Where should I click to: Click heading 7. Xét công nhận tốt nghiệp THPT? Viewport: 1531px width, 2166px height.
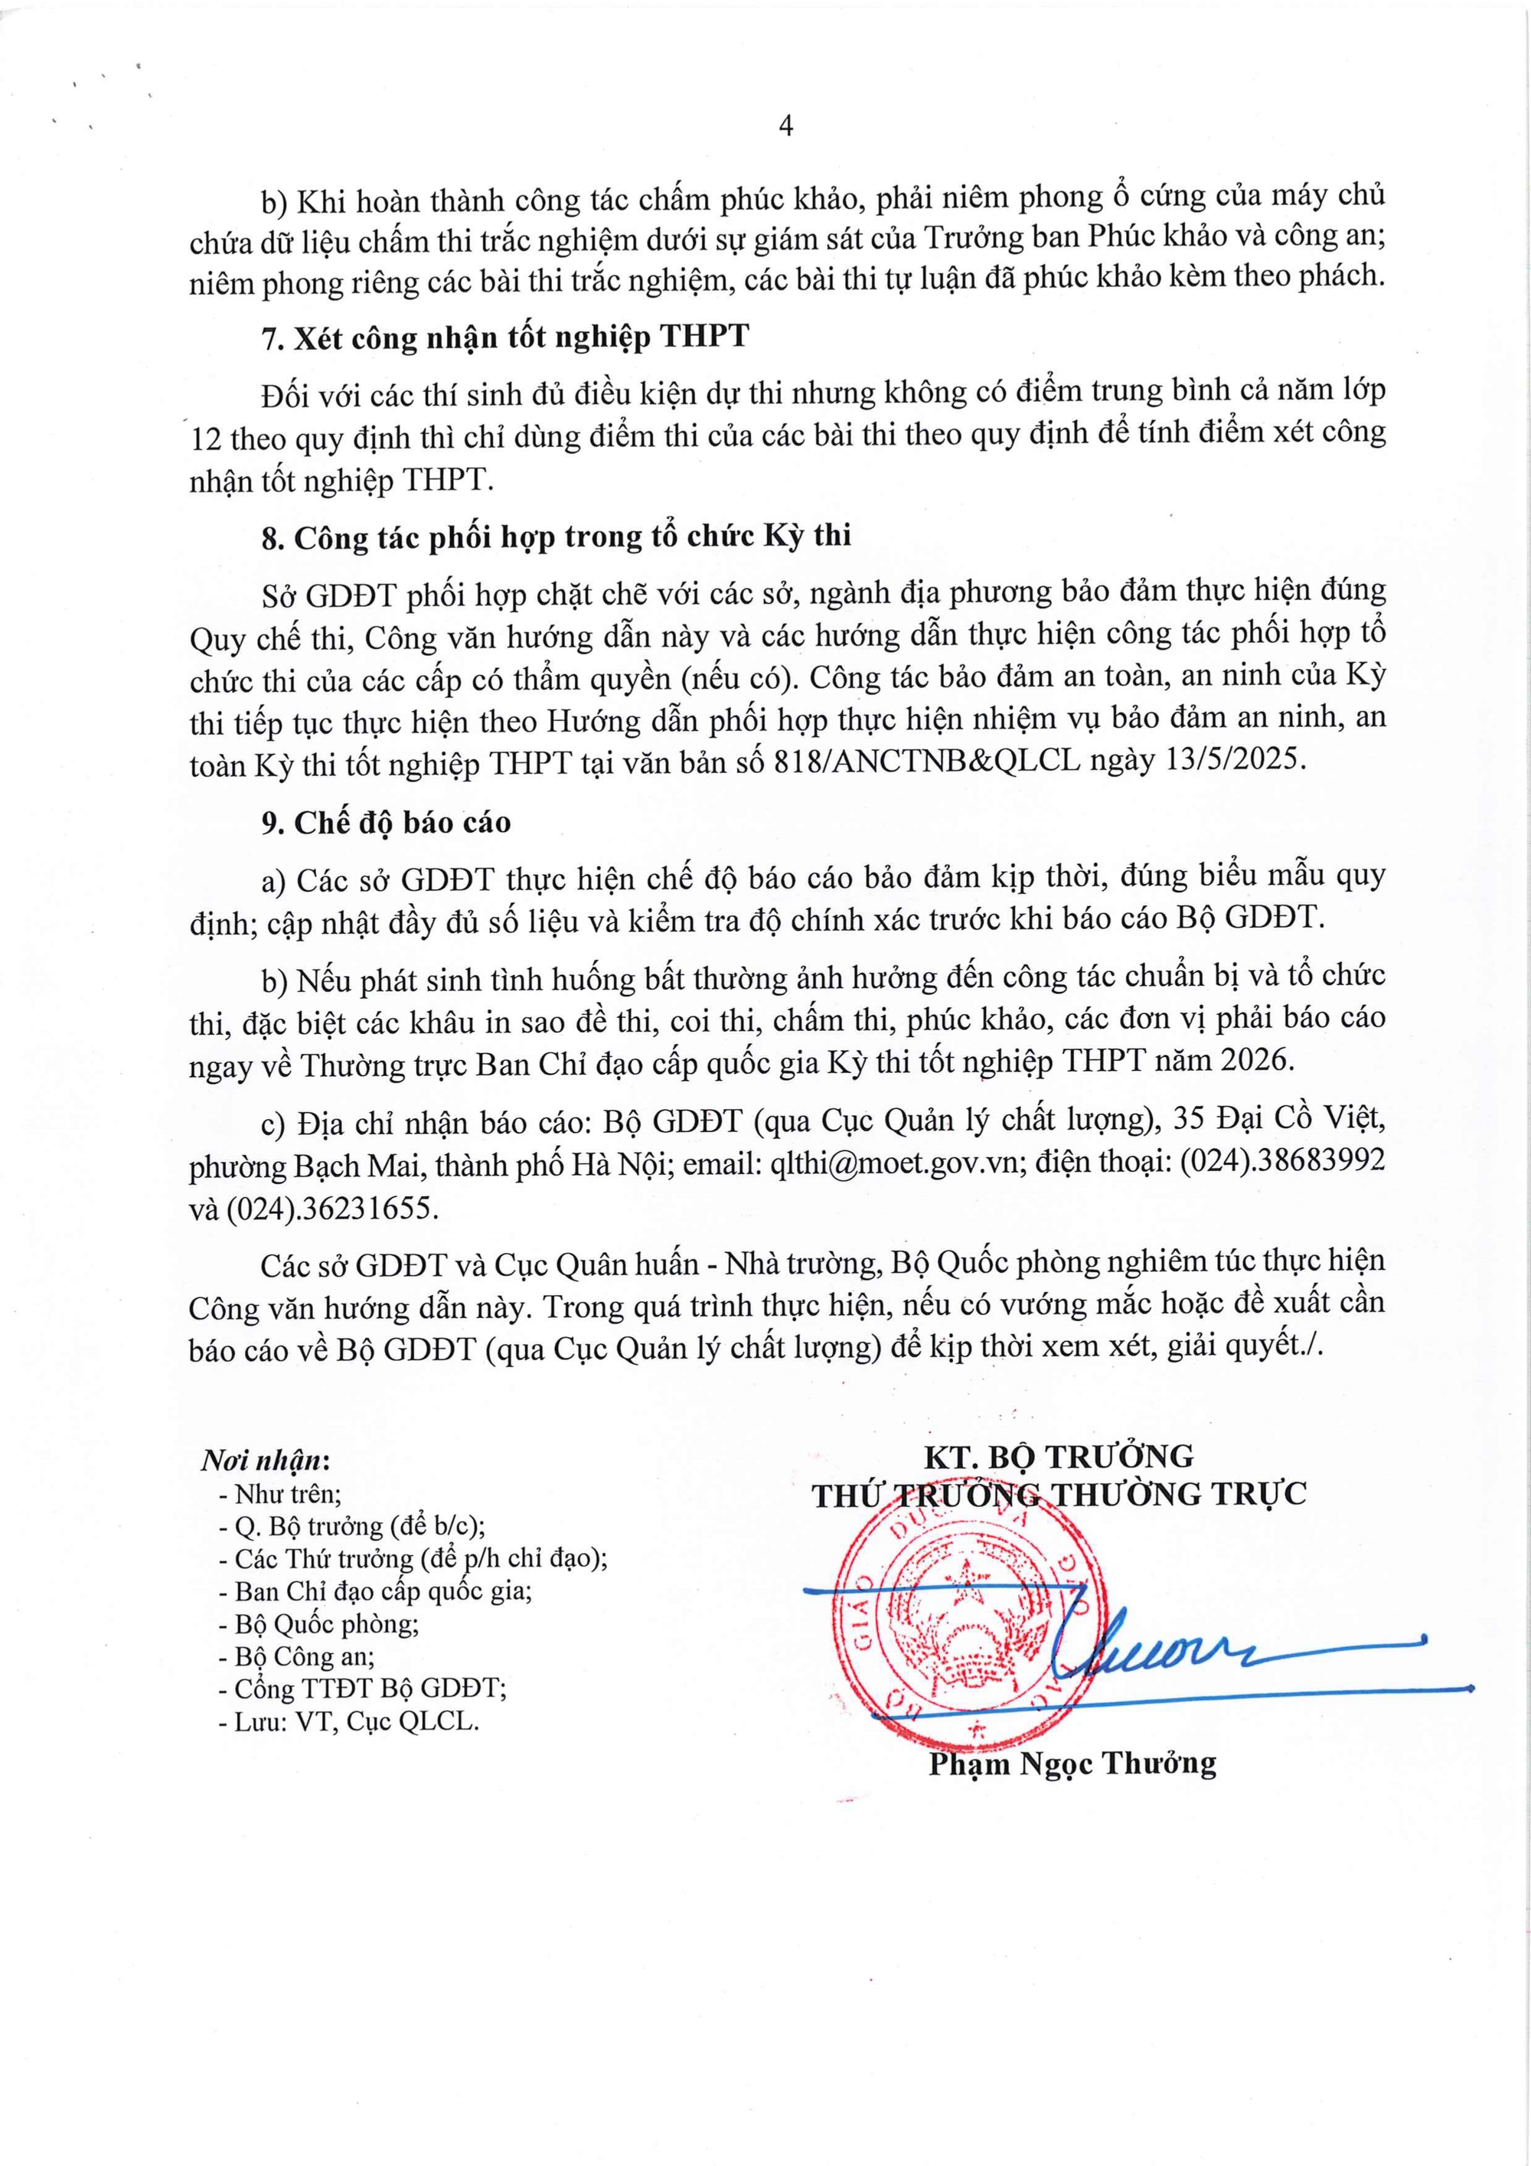(504, 337)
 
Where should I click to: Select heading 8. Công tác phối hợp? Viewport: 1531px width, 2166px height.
(557, 537)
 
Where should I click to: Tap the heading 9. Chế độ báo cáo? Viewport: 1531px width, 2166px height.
(386, 823)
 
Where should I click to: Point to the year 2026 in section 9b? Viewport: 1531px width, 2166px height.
(1254, 1060)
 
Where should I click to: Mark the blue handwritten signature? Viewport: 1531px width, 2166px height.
(1179, 1646)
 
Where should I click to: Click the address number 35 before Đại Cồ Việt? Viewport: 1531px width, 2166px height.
(1190, 1119)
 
